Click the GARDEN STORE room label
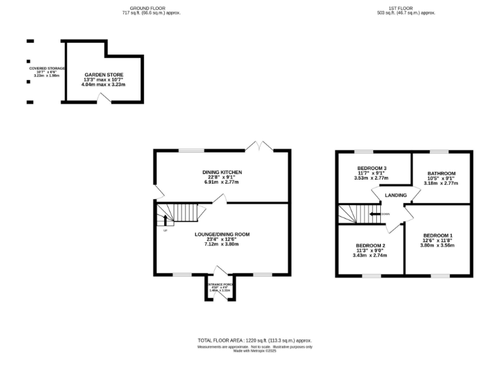pos(104,75)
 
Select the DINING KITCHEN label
pos(222,172)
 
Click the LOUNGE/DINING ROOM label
pos(222,234)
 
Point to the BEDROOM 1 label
pos(437,235)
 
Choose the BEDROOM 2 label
pos(370,245)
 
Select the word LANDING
pos(396,195)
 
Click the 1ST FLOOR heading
pos(407,8)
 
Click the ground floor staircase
pos(178,212)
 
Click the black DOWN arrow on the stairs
pos(375,214)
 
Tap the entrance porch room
pos(219,288)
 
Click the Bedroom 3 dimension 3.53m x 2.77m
pos(371,178)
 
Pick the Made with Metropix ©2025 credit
pos(255,352)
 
